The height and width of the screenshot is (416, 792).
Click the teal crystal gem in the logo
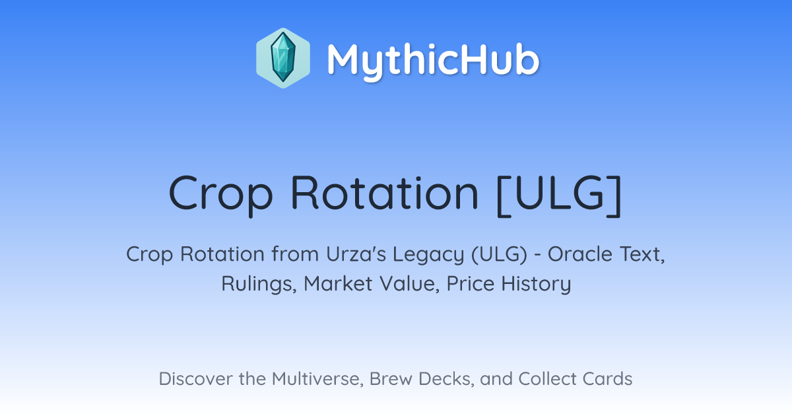coord(283,57)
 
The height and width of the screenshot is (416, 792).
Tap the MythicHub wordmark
coord(434,59)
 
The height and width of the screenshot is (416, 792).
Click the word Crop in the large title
coord(221,194)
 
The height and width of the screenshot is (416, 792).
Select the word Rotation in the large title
coord(385,193)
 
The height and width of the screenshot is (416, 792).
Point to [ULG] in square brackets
coord(559,195)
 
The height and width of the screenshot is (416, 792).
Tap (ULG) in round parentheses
coord(499,255)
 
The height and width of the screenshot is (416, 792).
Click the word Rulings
coord(259,284)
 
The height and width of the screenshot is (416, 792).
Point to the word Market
coord(338,284)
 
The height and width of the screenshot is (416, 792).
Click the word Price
coord(470,284)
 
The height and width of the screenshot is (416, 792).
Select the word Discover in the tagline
coord(195,379)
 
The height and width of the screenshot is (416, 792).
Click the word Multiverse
coord(317,379)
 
